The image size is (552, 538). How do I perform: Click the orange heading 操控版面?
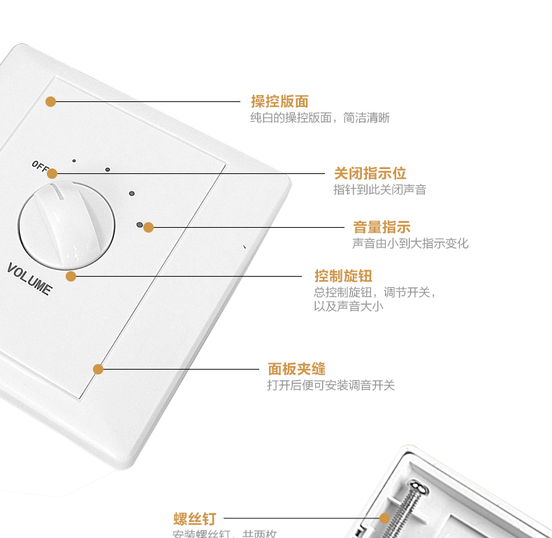279,101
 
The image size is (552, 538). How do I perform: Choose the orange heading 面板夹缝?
296,369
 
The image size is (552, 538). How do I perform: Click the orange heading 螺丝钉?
195,519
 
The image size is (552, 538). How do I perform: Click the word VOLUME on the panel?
29,278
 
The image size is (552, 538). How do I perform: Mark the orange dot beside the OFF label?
52,173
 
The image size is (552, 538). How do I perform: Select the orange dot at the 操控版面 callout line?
50,101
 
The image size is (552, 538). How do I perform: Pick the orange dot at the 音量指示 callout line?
148,227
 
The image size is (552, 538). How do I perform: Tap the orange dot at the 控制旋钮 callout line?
71,276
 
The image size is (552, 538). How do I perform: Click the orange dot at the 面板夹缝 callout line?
98,369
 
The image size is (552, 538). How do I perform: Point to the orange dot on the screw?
384,518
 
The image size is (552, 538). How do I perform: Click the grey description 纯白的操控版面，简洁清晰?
319,118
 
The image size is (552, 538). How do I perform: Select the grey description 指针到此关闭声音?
379,189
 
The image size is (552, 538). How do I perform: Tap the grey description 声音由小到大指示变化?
410,243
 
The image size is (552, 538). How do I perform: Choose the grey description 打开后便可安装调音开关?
331,385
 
